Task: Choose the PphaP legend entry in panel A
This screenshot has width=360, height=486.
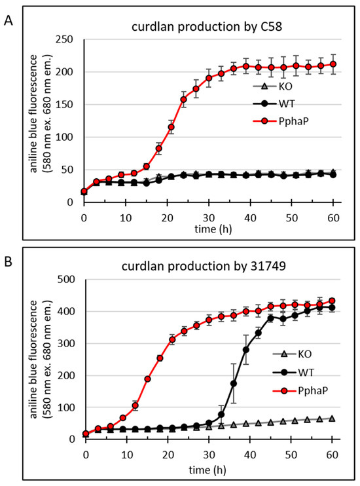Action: (286, 121)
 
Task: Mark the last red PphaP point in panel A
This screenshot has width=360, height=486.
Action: (332, 64)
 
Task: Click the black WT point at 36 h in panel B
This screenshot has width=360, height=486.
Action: (234, 383)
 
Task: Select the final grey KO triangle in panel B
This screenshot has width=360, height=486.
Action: (332, 418)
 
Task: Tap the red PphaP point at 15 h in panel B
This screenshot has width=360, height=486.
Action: (147, 379)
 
